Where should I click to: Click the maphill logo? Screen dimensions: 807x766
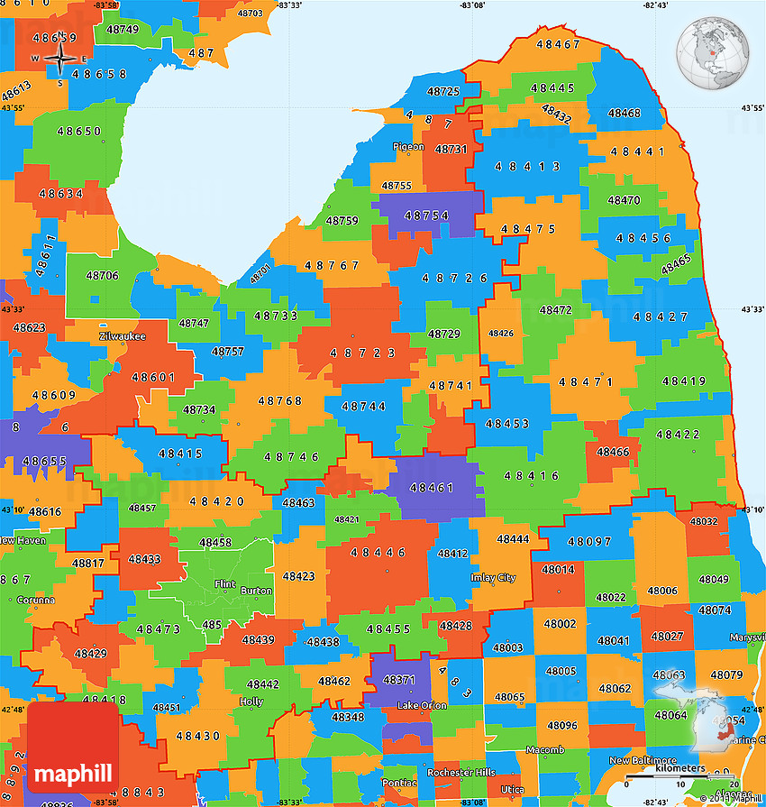pos(73,773)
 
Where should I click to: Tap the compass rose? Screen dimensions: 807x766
pos(59,60)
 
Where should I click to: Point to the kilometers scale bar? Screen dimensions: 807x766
pos(681,773)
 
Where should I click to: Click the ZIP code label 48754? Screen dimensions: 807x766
pos(426,216)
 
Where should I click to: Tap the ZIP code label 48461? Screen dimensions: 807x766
pos(432,488)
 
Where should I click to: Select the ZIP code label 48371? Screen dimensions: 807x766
pos(399,680)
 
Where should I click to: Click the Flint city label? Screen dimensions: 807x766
pos(224,584)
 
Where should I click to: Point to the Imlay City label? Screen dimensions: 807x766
pos(493,578)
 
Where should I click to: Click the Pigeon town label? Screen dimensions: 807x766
pos(408,146)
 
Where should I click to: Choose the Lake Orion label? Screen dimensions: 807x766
pos(422,705)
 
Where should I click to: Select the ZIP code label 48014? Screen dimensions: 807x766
pos(558,570)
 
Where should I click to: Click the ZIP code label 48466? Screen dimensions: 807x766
pos(613,452)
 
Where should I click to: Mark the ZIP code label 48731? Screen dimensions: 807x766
pos(451,149)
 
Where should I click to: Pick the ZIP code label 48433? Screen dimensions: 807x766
pos(144,559)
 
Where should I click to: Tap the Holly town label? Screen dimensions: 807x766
pos(251,701)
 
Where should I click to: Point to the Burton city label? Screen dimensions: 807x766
pos(257,591)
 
